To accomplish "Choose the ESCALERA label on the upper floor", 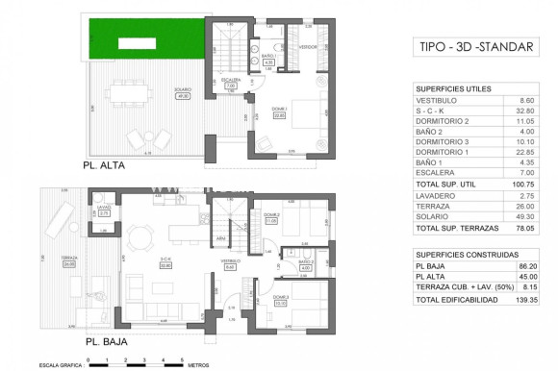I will pyautogui.click(x=230, y=81).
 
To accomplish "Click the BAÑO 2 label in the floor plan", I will pyautogui.click(x=306, y=263).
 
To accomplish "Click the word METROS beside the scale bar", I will pyautogui.click(x=199, y=364).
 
